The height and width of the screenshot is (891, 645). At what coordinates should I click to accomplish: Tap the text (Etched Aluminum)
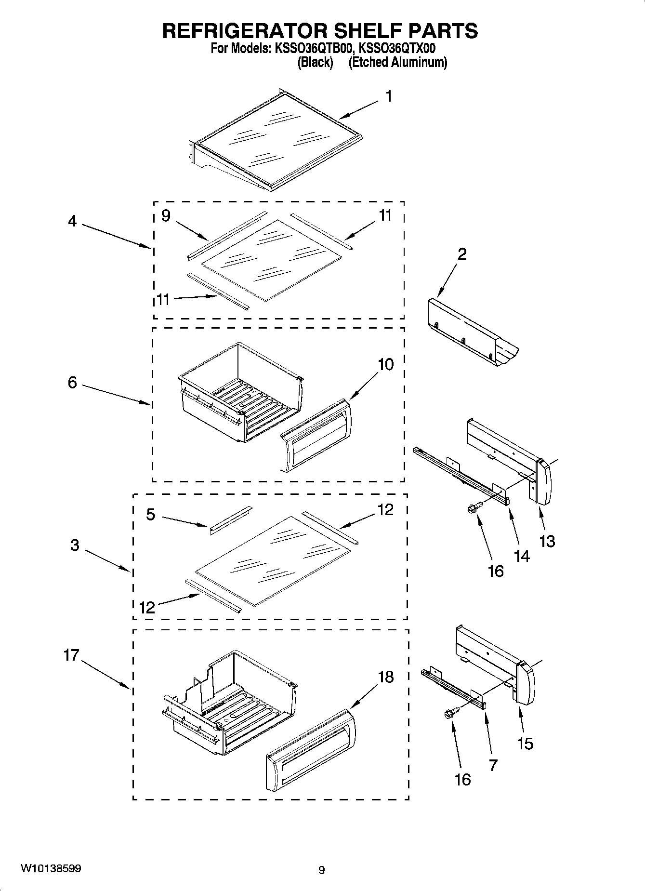398,63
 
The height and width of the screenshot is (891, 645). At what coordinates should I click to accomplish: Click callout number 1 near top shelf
388,97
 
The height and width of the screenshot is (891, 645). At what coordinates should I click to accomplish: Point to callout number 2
461,254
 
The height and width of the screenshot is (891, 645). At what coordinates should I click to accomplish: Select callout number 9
166,215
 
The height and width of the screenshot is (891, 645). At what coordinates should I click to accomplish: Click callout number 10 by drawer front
385,364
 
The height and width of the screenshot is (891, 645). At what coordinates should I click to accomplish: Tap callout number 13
547,541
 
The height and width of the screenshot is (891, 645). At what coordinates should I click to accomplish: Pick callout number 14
522,556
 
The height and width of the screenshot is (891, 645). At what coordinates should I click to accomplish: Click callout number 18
386,677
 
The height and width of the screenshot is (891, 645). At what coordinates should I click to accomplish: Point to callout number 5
151,515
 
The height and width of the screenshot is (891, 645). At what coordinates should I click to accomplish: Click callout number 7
493,765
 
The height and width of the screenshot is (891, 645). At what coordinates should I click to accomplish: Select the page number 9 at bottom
322,870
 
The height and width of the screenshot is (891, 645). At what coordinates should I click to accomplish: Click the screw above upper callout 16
472,507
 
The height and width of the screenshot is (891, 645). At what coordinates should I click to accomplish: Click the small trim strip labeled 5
230,520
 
